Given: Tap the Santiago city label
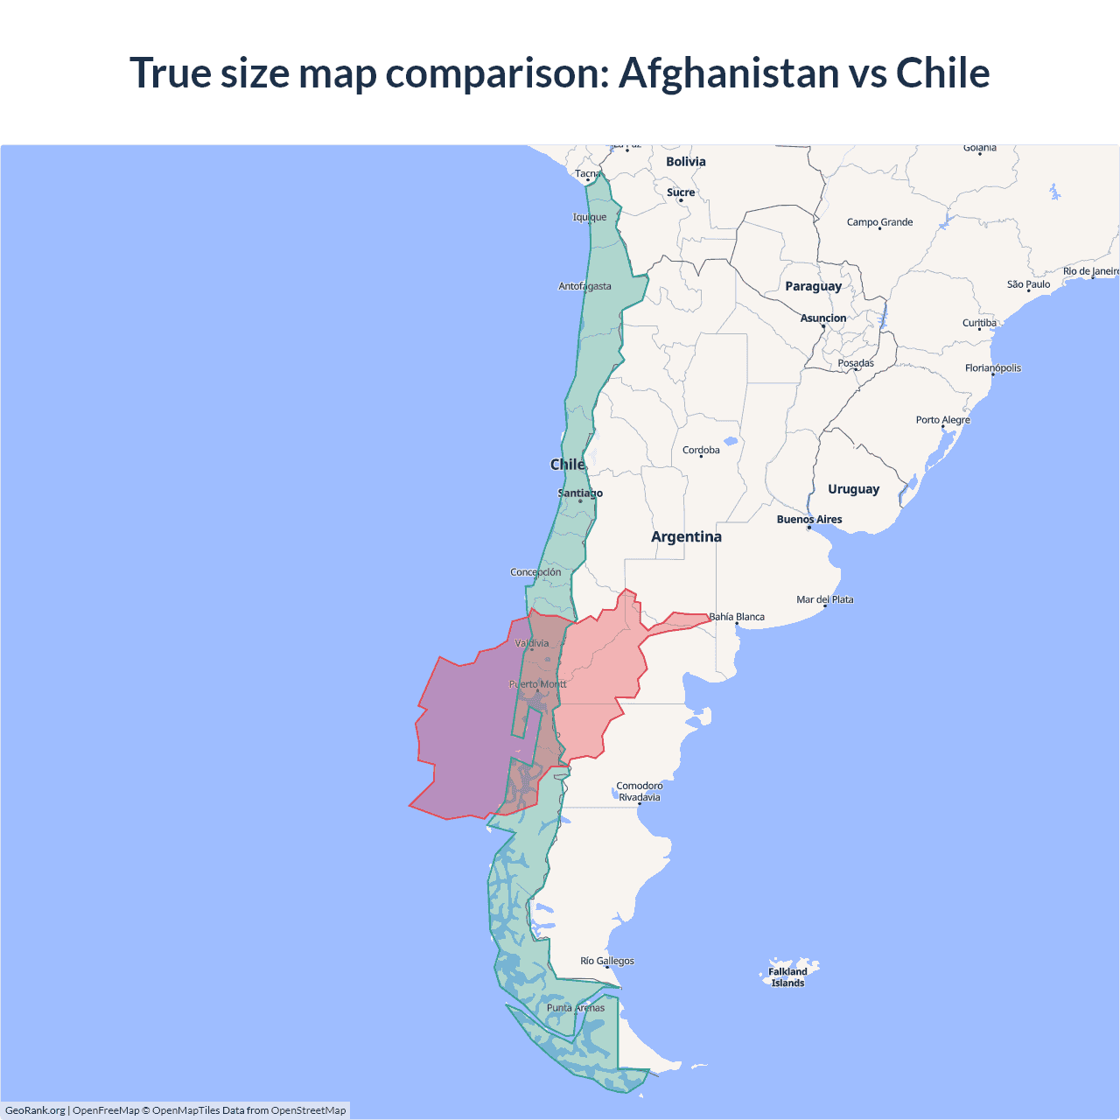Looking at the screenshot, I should click(580, 493).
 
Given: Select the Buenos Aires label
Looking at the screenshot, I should click(809, 520).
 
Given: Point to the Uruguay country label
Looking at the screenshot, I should click(853, 489).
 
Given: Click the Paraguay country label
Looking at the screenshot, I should click(813, 286).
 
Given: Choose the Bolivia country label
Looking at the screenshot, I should click(685, 162).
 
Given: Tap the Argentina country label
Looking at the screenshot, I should click(686, 536).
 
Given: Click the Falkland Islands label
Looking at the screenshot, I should click(787, 977).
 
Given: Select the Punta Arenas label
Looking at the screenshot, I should click(575, 1008).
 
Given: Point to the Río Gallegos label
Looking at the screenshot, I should click(607, 961).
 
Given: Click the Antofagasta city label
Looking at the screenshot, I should click(584, 286).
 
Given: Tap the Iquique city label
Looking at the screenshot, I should click(589, 217).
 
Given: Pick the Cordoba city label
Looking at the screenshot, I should click(701, 451).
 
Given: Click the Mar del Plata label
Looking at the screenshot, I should click(824, 599).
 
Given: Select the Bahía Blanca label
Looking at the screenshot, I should click(737, 617).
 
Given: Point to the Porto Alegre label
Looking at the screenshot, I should click(942, 420).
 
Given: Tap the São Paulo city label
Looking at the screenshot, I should click(1028, 284).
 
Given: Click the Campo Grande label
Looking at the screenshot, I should click(879, 222).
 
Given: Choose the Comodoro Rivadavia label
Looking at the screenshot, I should click(639, 791).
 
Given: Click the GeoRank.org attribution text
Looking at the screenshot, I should click(35, 1110).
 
